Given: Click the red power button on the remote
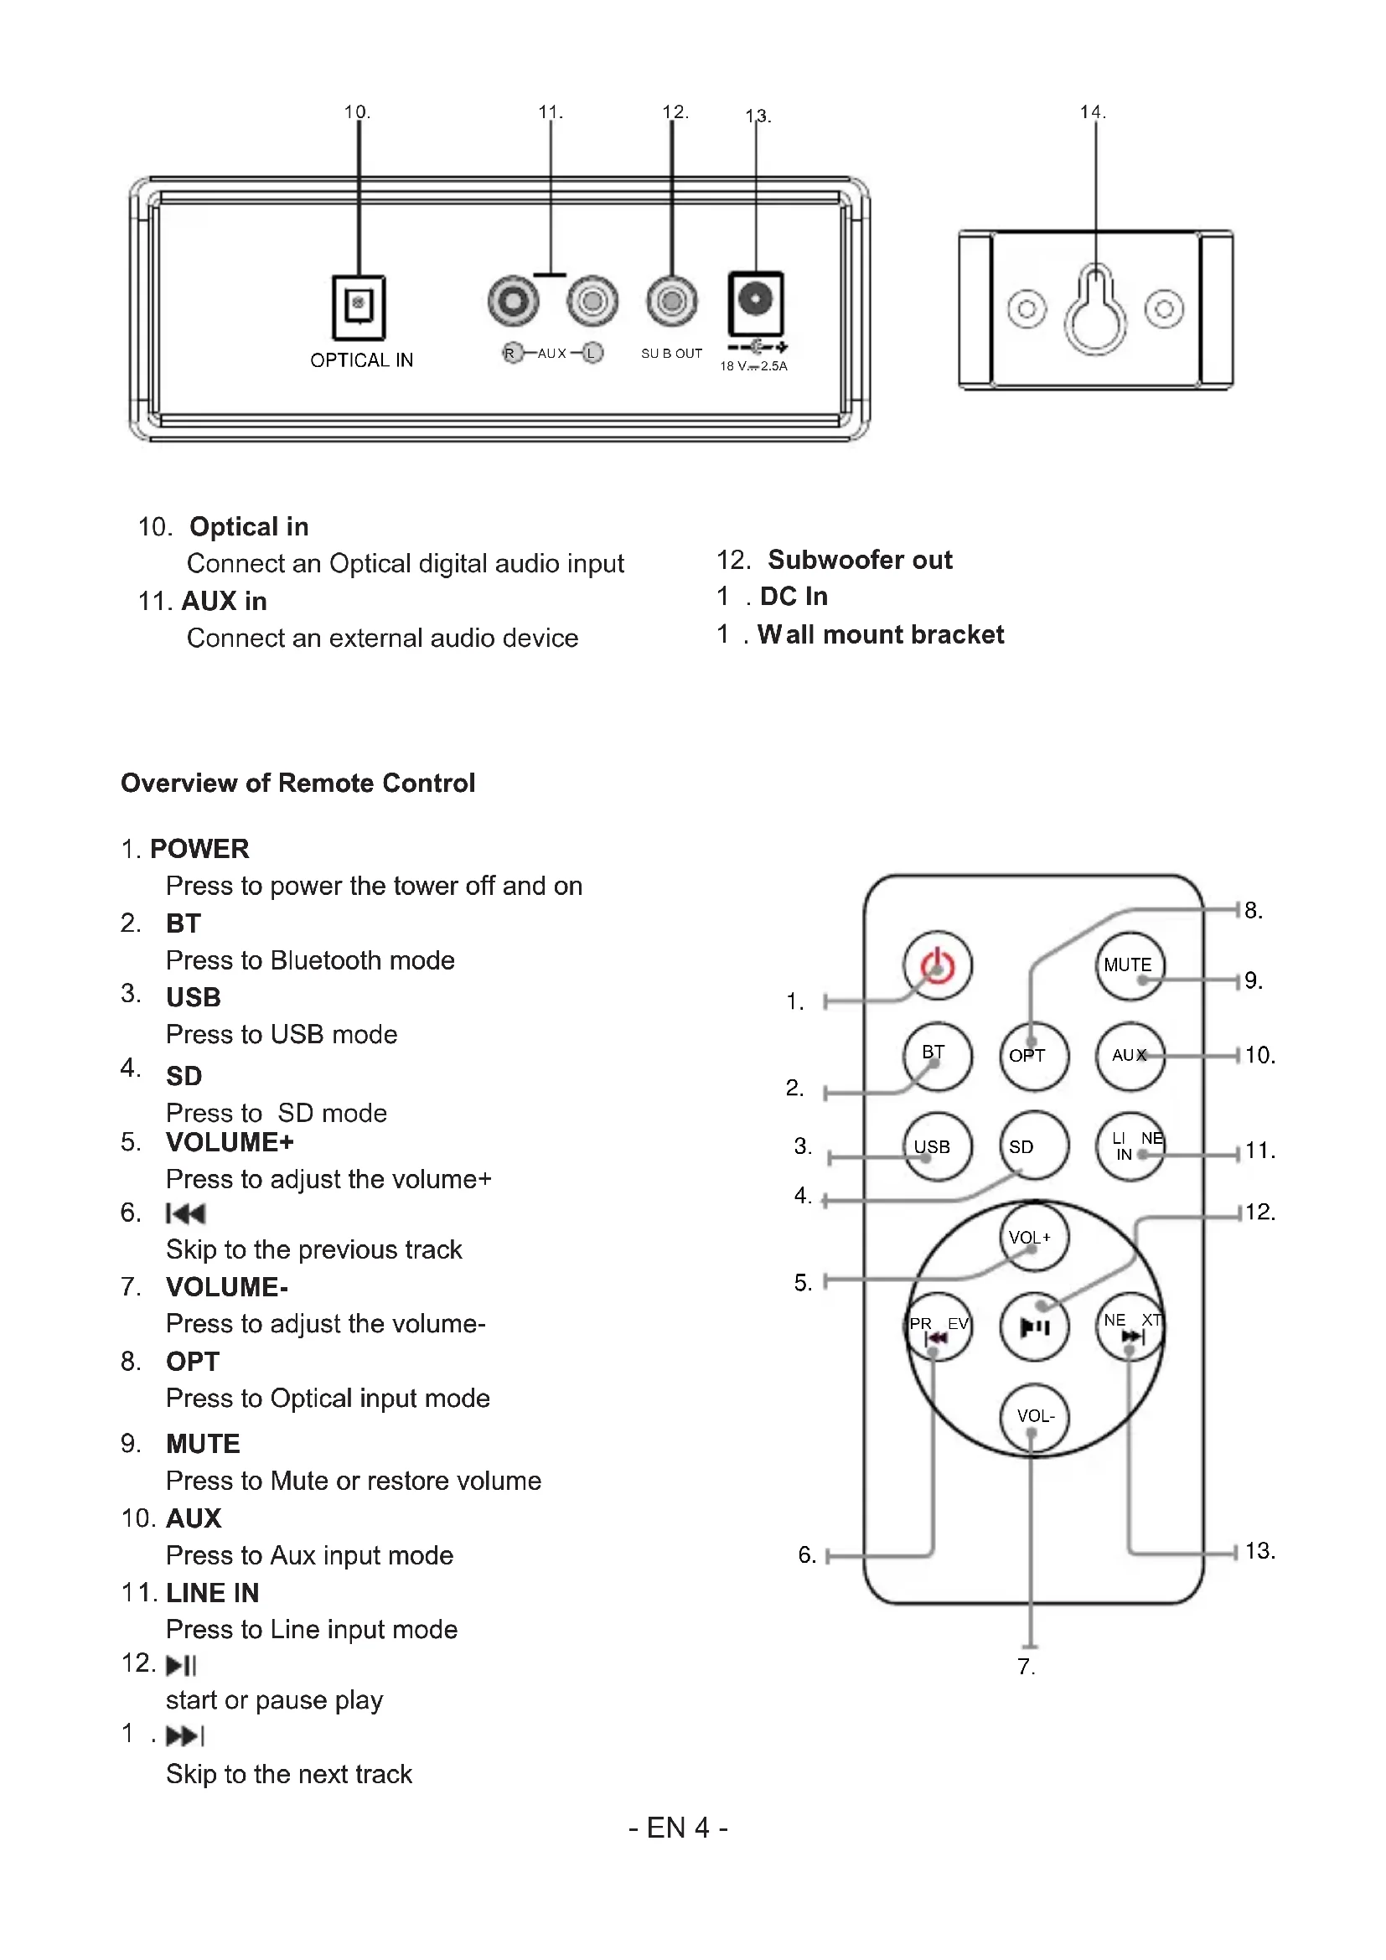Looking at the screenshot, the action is point(937,965).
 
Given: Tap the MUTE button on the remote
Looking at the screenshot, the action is point(1130,965).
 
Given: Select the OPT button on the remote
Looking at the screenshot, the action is point(1033,1056).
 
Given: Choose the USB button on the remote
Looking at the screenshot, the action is point(937,1146).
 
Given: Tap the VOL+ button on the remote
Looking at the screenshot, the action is point(1033,1237).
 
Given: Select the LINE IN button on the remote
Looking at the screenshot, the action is point(1130,1146).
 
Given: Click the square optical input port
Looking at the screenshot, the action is point(359,308).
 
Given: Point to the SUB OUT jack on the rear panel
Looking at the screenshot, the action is point(673,301).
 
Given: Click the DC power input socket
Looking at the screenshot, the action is point(755,303).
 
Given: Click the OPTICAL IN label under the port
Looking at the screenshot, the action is point(362,360).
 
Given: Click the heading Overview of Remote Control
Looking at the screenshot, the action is point(297,783).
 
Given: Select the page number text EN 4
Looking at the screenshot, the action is point(679,1828).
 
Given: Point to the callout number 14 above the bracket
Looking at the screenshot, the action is point(1093,111).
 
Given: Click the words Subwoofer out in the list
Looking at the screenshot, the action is point(861,560).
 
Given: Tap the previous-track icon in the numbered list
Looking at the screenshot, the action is point(186,1214).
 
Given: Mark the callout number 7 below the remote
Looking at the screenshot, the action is point(1026,1667).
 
